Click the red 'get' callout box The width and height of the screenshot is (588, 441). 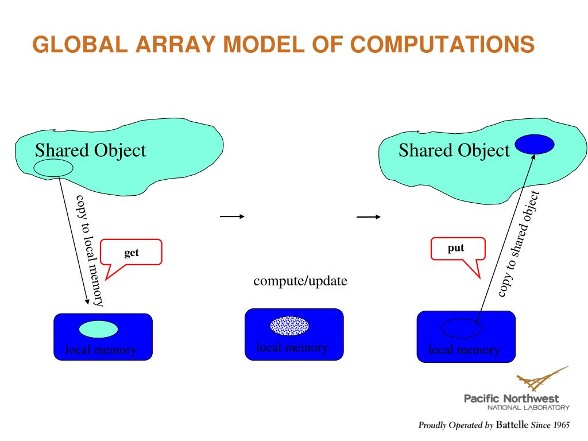pos(131,252)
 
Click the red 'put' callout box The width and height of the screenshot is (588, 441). pos(458,249)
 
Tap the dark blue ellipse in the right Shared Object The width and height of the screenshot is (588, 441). pos(535,144)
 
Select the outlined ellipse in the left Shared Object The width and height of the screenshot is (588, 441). pos(53,168)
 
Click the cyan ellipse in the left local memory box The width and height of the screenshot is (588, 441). pos(98,329)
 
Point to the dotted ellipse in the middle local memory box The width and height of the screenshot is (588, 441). pos(289,326)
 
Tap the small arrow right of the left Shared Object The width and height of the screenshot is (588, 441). pos(231,216)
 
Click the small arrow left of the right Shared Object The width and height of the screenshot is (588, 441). pos(368,217)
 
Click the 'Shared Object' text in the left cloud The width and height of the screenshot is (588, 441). pos(90,150)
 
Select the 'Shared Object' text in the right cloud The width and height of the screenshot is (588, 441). pos(454,150)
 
